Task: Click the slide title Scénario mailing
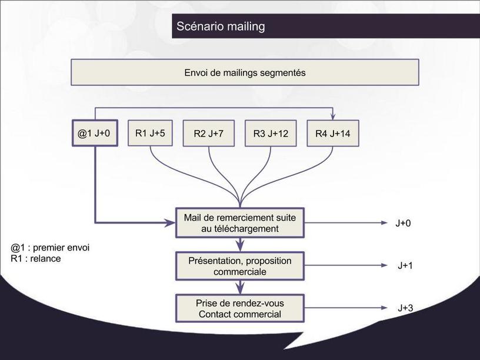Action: (221, 26)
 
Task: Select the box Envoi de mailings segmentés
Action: (245, 73)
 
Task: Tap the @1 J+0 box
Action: (94, 134)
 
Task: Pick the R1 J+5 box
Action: (150, 134)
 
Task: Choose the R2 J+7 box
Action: (208, 134)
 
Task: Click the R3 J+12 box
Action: (271, 134)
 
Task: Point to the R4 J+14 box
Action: (332, 134)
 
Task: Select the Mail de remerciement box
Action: (240, 223)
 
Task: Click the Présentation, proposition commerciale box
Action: (240, 266)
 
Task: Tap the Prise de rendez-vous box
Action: (240, 308)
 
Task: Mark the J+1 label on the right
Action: (405, 266)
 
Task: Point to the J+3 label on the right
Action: (405, 308)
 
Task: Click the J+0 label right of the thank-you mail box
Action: (404, 223)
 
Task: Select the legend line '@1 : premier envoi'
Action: (50, 248)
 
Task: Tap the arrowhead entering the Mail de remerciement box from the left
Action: (171, 223)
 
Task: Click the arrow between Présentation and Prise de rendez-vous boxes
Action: (240, 287)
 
